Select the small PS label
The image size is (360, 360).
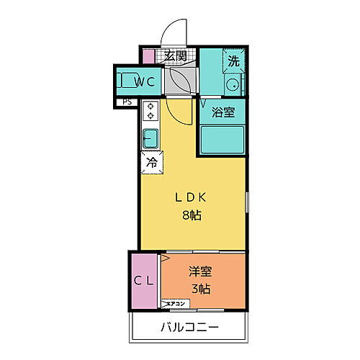tap(127, 102)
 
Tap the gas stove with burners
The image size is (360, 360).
tap(151, 111)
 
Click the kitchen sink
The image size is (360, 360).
tap(150, 136)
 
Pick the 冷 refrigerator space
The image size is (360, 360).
tap(151, 163)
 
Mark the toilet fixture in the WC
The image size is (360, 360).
tap(130, 81)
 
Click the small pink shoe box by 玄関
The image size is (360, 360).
tap(148, 56)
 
